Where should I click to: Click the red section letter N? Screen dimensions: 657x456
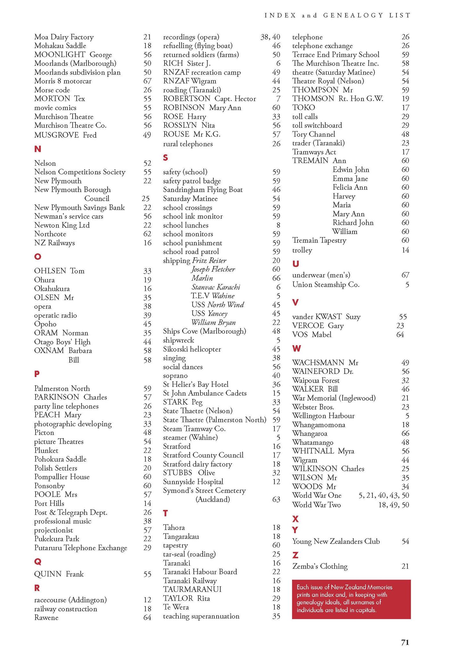pos(37,149)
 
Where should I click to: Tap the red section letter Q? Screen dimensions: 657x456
pos(37,561)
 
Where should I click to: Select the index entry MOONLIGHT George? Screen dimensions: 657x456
pos(73,55)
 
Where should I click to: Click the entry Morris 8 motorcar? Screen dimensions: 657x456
pos(63,81)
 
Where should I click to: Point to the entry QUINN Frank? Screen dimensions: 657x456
pos(59,574)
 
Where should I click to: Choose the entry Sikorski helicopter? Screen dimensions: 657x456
pos(192,349)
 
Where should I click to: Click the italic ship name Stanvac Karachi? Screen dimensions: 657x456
pos(216,287)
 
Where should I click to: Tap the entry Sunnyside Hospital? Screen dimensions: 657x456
pos(193,482)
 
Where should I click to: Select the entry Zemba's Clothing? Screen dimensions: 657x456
pos(320,566)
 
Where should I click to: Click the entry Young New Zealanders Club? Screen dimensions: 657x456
pos(336,542)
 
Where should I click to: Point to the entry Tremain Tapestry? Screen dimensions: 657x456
pos(319,240)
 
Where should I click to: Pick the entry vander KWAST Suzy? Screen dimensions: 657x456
pos(326,317)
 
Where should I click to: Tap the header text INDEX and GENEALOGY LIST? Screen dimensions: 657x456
pos(337,15)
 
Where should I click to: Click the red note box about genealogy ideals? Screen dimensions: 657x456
pos(351,599)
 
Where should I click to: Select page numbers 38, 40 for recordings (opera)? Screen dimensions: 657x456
pos(270,37)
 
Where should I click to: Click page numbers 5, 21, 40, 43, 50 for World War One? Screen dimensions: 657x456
pos(384,495)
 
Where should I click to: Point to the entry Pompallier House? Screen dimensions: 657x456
pos(62,477)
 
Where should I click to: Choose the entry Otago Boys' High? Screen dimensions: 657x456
pos(62,342)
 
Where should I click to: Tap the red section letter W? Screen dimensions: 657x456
pos(296,348)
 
